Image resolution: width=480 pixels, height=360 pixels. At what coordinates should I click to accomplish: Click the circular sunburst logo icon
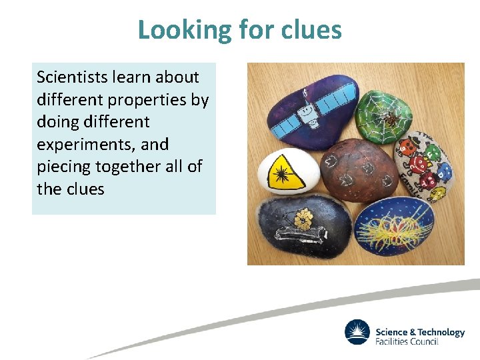pyautogui.click(x=357, y=333)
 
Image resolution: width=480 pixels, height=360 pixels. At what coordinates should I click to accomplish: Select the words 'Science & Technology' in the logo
pyautogui.click(x=420, y=332)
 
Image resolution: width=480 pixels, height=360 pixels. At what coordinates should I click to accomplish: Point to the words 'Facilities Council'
pyautogui.click(x=407, y=341)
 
